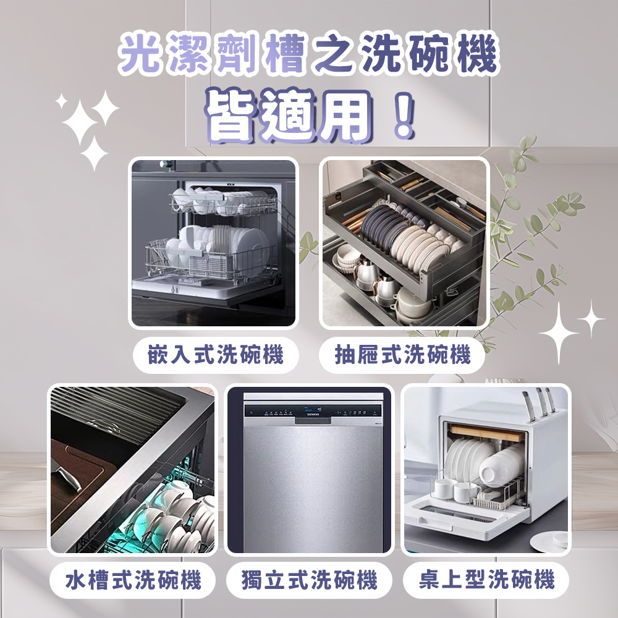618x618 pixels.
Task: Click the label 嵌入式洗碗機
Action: (216, 355)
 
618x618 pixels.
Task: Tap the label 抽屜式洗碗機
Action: (402, 355)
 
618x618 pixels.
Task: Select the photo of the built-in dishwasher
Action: (213, 243)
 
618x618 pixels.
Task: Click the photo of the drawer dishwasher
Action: (404, 243)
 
